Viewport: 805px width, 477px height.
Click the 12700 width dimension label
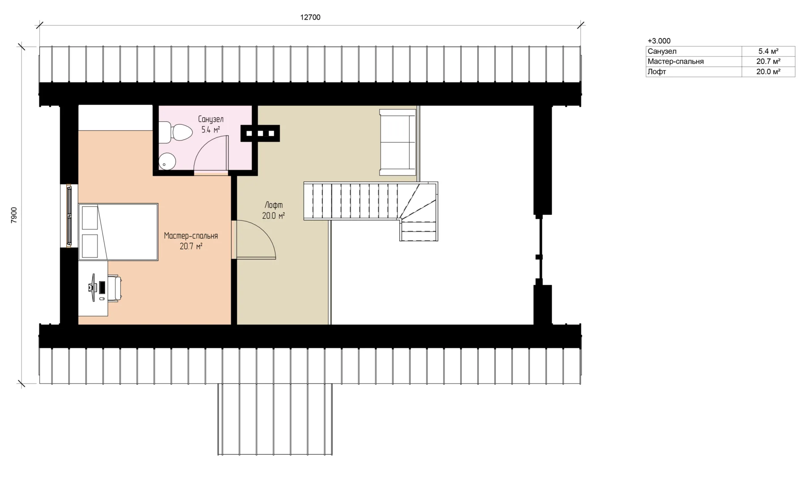click(x=310, y=17)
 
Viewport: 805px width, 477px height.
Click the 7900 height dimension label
click(x=14, y=215)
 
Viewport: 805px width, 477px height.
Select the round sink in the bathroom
click(x=167, y=162)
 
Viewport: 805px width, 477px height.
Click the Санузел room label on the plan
click(x=211, y=119)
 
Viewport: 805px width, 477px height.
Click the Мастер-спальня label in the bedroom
click(x=191, y=235)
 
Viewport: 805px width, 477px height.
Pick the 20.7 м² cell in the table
click(x=768, y=61)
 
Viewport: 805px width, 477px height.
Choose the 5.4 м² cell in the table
click(x=768, y=51)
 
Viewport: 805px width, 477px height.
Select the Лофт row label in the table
click(x=657, y=72)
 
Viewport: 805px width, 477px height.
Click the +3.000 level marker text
click(x=659, y=41)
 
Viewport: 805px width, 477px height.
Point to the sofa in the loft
click(x=398, y=142)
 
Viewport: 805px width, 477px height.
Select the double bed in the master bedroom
click(x=119, y=232)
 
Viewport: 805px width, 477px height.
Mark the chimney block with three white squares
click(x=260, y=133)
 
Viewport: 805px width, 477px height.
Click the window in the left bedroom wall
click(x=69, y=216)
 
